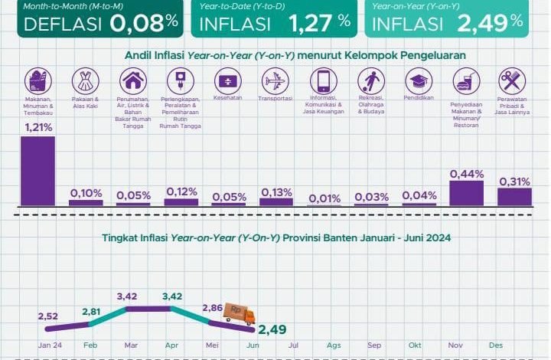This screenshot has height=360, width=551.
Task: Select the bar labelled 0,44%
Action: click(466, 192)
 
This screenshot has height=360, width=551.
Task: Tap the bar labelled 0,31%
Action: click(514, 197)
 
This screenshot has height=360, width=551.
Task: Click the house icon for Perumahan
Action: click(132, 80)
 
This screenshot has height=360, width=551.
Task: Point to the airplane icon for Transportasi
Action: click(275, 80)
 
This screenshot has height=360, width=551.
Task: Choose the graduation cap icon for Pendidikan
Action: click(418, 80)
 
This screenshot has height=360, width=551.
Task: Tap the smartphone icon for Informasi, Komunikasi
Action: click(323, 80)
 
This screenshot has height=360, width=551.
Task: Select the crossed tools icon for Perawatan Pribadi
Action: click(511, 80)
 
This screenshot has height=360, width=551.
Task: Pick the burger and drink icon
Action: click(464, 80)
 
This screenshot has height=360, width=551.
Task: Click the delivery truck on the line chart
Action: click(239, 313)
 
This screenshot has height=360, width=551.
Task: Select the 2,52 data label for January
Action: click(47, 315)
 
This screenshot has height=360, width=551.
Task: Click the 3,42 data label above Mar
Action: click(127, 295)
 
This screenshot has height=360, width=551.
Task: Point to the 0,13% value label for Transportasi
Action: click(275, 192)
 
